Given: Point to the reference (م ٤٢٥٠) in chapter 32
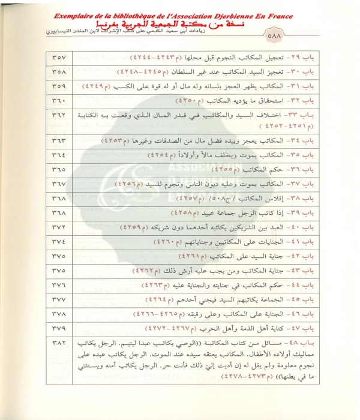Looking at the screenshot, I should pos(207,99).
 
